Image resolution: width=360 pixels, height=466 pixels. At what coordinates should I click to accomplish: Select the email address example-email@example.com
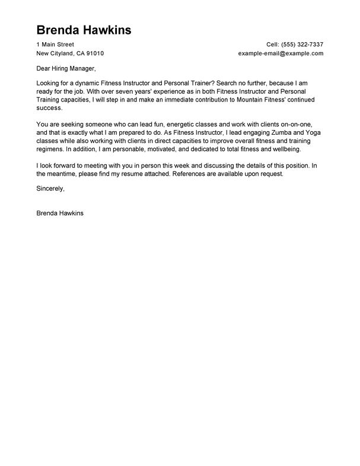pos(281,53)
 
